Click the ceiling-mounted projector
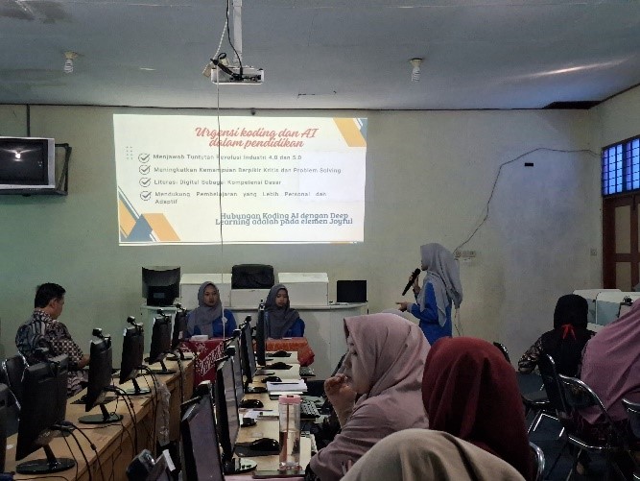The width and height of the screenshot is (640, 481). pos(238,74)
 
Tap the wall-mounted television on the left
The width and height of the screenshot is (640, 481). pos(26,162)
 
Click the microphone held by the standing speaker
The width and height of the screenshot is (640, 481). pos(412,280)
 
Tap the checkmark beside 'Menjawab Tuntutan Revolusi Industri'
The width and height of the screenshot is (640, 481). pos(144,157)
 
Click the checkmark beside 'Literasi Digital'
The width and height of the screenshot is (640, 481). pos(144,180)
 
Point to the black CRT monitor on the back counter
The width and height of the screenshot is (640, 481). pos(160,285)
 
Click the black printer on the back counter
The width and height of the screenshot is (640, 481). pos(253,277)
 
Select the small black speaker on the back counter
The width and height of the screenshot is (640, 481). pos(351,291)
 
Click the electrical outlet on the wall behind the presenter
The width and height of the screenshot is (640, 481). pos(468,254)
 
